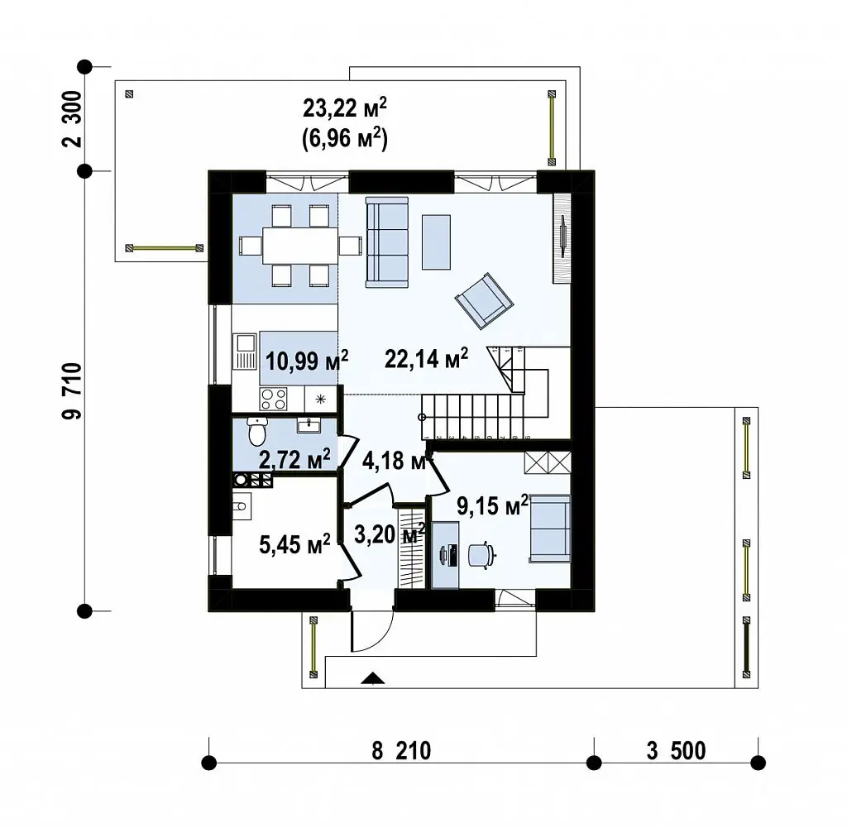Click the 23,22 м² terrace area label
tap(345, 108)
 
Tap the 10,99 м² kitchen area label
tap(306, 361)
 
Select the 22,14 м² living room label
tap(426, 358)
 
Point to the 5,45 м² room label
tap(294, 544)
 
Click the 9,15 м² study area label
tap(492, 505)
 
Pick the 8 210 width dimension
tap(401, 751)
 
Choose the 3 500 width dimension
tap(677, 751)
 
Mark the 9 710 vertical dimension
tap(72, 391)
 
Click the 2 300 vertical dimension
tap(72, 119)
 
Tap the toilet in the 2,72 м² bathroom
tap(257, 431)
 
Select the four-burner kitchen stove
tap(273, 400)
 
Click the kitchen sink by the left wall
tap(245, 352)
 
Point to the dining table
tap(300, 245)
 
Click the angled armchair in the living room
tap(484, 301)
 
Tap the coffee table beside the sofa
tap(436, 242)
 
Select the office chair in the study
tap(481, 555)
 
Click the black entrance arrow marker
tap(373, 678)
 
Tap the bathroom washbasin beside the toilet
tap(309, 426)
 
